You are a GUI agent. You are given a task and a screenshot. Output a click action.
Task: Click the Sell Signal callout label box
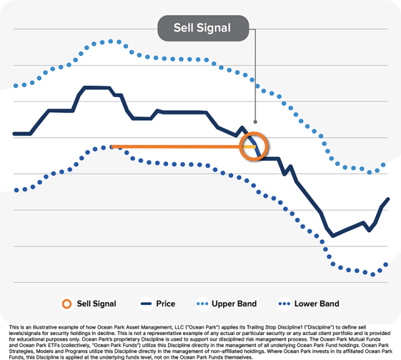[203, 28]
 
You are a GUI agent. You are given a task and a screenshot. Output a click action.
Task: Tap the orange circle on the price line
[254, 147]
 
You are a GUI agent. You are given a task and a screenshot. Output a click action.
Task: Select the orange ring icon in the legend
[66, 304]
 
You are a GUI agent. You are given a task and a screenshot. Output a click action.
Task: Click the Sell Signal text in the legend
[96, 304]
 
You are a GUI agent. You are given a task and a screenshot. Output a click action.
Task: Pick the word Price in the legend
[165, 304]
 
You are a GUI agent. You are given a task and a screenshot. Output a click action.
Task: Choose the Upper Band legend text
[234, 304]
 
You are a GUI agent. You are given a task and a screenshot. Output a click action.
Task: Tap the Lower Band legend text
[316, 304]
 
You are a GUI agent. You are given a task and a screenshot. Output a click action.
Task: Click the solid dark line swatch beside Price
[146, 304]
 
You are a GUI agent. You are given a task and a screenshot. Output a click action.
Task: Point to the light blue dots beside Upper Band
[202, 304]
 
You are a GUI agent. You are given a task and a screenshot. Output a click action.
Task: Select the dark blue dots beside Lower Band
[285, 304]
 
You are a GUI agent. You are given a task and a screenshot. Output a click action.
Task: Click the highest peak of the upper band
[111, 41]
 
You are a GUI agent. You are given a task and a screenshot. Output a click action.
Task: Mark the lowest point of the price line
[333, 235]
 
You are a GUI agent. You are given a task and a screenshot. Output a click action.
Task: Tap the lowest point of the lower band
[373, 274]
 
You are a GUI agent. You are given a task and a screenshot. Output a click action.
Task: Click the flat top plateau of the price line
[97, 87]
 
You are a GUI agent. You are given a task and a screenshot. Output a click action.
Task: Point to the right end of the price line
[388, 199]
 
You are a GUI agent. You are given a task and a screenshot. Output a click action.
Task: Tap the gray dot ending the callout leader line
[255, 121]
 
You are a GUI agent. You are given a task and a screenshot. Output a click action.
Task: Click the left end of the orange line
[112, 147]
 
